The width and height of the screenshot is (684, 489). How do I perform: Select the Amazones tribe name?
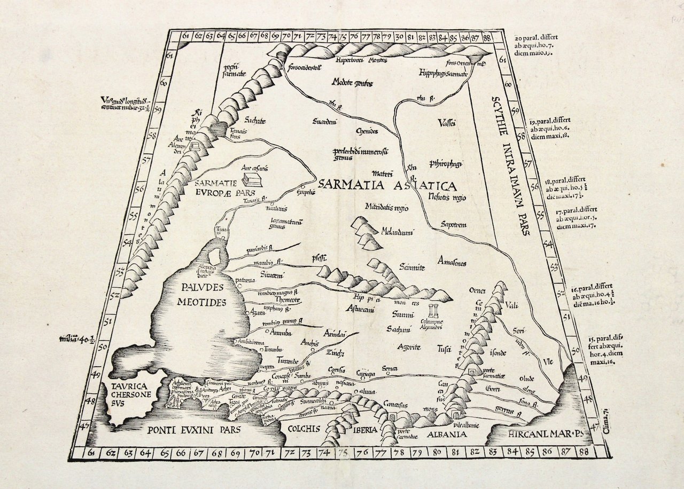[x=452, y=263]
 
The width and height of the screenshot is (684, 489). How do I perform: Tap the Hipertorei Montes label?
[x=357, y=60]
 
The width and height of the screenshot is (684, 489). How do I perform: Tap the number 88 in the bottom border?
[x=584, y=453]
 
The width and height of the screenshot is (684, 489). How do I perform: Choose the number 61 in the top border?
[x=185, y=36]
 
